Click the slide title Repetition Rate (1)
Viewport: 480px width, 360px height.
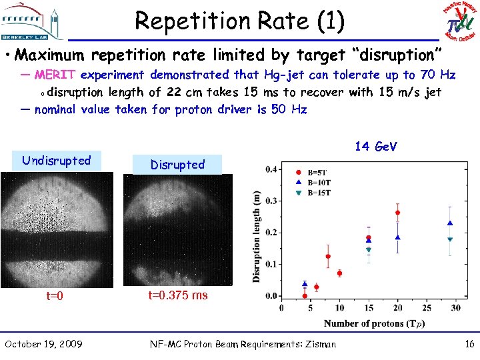[x=240, y=21]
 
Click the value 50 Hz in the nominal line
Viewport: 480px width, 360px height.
[x=289, y=109]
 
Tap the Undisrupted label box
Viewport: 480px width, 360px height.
[x=56, y=161]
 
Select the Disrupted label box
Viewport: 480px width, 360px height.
[x=177, y=165]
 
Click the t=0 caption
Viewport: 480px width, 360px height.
[x=55, y=296]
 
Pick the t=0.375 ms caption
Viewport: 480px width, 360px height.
[x=177, y=295]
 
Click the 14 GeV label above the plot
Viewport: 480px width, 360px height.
[x=376, y=146]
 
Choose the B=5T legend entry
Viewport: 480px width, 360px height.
[x=317, y=172]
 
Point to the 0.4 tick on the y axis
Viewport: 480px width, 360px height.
[x=271, y=169]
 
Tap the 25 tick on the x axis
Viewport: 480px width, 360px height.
[x=427, y=308]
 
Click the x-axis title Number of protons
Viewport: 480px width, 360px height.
[x=374, y=323]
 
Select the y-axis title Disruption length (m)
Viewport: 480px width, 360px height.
[x=257, y=236]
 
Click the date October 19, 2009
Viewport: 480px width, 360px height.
[x=44, y=344]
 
